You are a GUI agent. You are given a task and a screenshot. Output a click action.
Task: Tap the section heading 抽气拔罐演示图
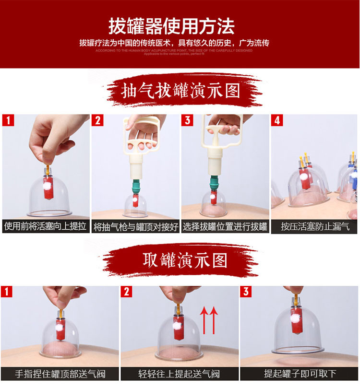pyautogui.click(x=181, y=91)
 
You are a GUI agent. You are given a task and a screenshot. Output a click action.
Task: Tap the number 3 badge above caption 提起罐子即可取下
pyautogui.click(x=246, y=292)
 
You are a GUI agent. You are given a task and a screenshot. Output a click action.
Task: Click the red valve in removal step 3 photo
pyautogui.click(x=296, y=321)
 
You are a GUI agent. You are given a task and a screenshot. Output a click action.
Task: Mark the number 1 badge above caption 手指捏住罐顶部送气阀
pyautogui.click(x=7, y=292)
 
